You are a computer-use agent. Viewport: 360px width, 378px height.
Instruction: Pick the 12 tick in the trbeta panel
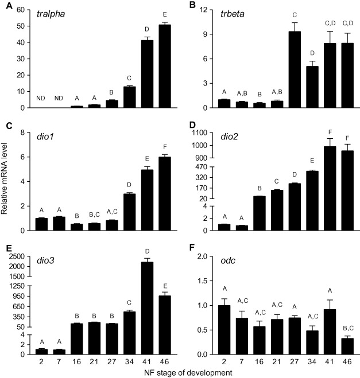coord(204,10)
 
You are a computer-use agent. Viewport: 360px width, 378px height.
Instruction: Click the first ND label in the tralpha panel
coord(40,98)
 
